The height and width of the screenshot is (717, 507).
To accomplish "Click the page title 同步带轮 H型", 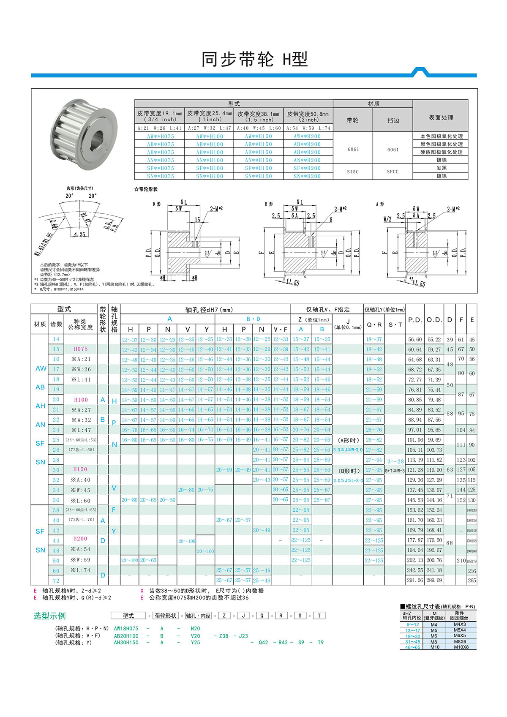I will (254, 60).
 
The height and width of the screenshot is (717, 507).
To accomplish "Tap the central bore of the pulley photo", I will (98, 138).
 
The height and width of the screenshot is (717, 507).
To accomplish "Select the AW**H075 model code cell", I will (160, 136).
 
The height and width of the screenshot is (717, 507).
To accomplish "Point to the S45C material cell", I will (353, 172).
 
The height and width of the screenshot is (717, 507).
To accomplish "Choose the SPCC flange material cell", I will (393, 172).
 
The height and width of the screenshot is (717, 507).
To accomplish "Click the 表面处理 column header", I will (441, 117).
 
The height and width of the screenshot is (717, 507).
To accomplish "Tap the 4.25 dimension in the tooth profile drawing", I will (79, 234).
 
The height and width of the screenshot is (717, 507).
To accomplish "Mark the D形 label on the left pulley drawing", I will (156, 204).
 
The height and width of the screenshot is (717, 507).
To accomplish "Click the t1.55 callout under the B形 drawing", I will (292, 282).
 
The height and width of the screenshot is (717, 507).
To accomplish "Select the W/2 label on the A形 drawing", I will (387, 219).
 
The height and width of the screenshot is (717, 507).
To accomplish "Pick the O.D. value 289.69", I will (434, 580).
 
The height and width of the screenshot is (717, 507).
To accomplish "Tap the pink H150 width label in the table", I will (80, 469).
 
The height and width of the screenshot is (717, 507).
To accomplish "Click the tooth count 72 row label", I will (56, 581).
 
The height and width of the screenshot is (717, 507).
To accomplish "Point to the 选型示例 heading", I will (49, 616).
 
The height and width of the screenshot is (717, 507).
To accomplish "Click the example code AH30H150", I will (126, 642).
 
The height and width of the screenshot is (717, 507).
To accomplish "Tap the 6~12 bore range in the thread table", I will (412, 624).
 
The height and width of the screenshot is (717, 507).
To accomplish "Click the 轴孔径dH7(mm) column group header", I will (209, 310).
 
